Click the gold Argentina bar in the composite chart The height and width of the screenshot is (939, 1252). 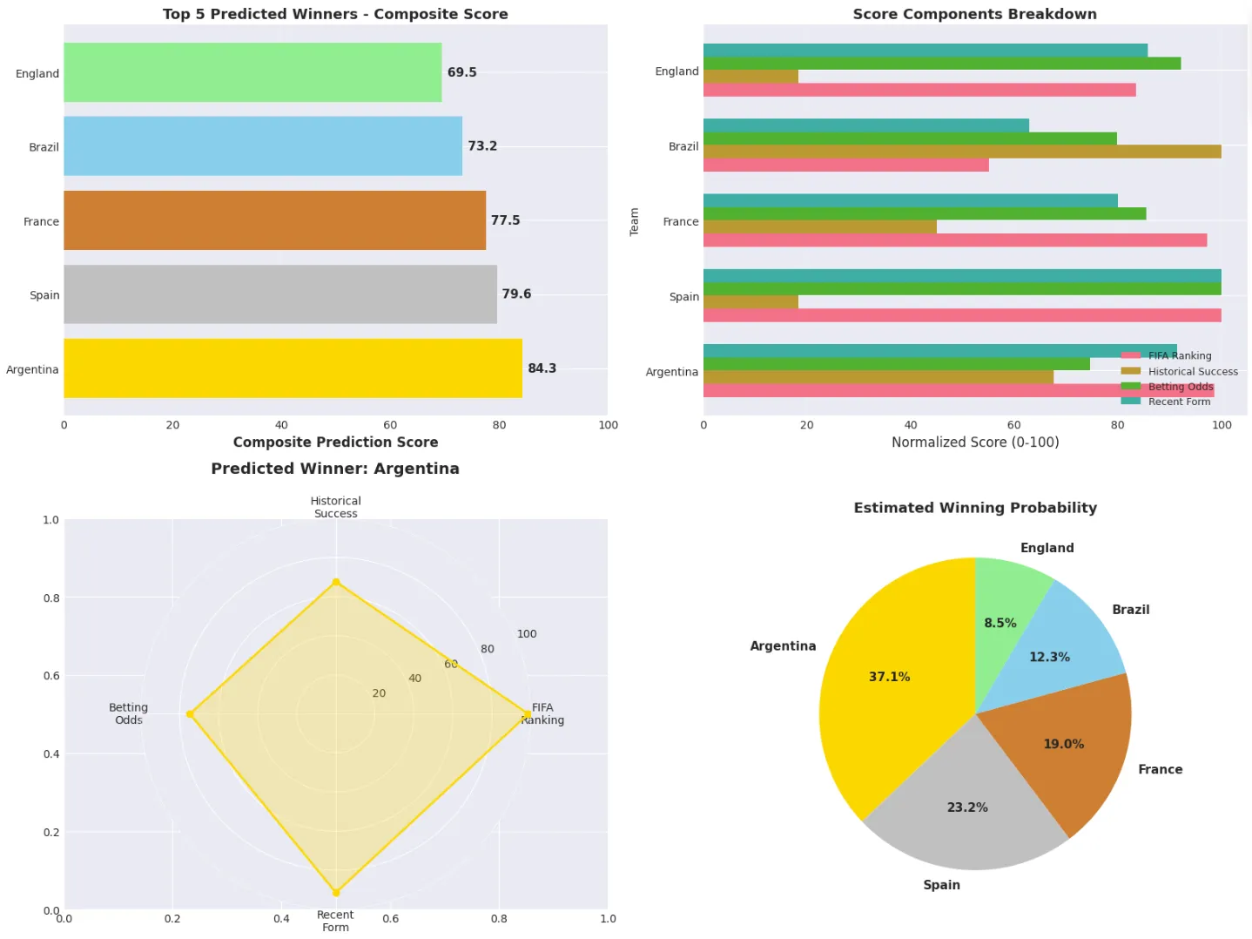tap(293, 368)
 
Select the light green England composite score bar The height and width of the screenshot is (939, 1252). tap(252, 72)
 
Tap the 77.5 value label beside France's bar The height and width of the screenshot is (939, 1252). tap(505, 220)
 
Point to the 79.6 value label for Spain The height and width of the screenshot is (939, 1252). tap(516, 294)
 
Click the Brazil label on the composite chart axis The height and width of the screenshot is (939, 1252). tap(44, 147)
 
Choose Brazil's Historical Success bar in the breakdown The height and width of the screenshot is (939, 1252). tap(962, 152)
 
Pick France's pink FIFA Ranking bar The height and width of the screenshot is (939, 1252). tap(954, 240)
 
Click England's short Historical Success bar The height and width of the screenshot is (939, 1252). tap(751, 77)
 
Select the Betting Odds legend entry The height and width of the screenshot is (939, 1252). tap(1180, 387)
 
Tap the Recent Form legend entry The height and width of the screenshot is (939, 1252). tap(1179, 402)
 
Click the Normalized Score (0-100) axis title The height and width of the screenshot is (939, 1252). tap(974, 442)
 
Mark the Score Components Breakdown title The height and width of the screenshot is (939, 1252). tap(974, 14)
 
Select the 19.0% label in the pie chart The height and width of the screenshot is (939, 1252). tap(1063, 744)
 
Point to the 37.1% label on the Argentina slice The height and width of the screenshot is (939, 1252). tap(889, 677)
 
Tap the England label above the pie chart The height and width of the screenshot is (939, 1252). tap(1047, 548)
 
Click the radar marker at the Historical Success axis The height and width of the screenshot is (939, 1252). tap(336, 582)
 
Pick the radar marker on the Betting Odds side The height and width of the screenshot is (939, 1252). tap(191, 714)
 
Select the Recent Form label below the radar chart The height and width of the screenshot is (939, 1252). tap(335, 921)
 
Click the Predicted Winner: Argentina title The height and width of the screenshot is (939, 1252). tap(335, 469)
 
